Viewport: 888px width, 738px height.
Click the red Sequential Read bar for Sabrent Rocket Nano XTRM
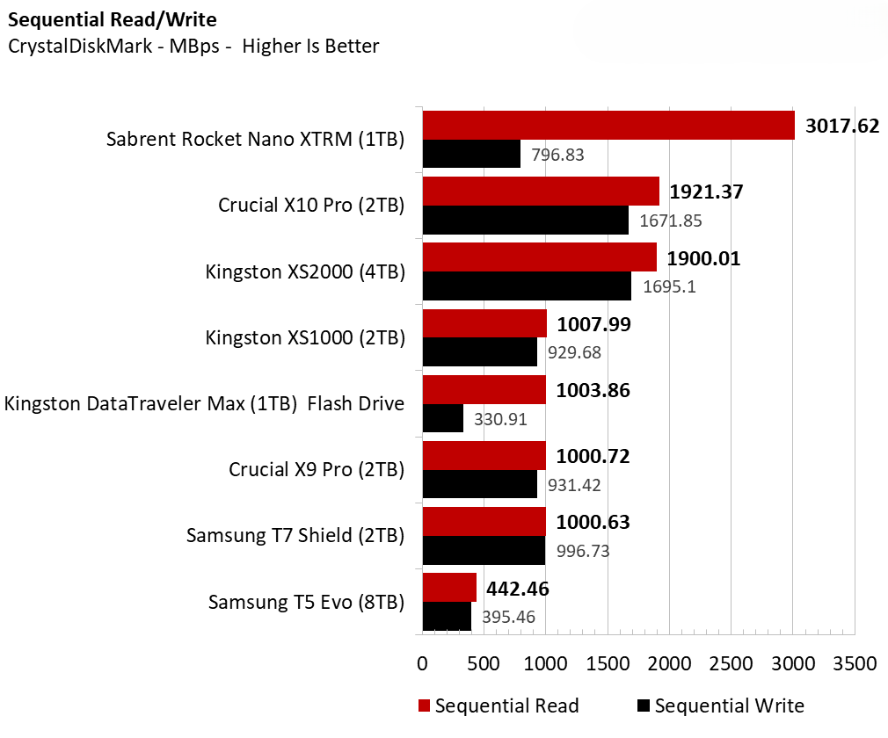point(608,126)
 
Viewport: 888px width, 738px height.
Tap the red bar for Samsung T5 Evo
point(449,588)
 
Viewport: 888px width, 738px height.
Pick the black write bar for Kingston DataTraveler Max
point(443,418)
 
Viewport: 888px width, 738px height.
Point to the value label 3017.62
point(842,126)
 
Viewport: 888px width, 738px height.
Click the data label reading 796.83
point(558,156)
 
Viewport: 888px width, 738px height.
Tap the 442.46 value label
point(518,589)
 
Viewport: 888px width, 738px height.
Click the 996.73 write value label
point(583,551)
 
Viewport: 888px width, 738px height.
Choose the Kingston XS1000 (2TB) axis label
point(305,337)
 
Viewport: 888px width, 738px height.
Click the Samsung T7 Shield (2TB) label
point(295,535)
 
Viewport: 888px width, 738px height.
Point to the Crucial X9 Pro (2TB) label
point(317,469)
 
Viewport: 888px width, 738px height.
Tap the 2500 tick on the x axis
point(732,663)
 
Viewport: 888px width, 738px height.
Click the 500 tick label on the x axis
point(484,663)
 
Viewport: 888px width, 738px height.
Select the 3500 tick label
point(855,663)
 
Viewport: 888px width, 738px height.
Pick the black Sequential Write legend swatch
point(644,705)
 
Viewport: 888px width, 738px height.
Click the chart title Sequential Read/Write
point(112,19)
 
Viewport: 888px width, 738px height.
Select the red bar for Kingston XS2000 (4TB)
point(540,258)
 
